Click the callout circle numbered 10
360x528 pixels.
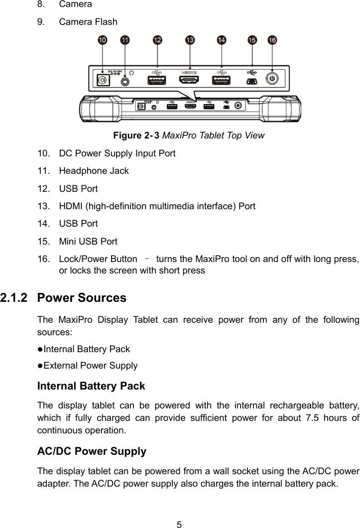click(103, 40)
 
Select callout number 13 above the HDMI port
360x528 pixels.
click(190, 40)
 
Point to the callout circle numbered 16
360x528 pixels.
click(272, 40)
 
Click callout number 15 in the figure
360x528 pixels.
click(252, 40)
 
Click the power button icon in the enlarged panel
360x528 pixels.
click(271, 79)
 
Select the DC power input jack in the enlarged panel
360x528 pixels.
click(103, 80)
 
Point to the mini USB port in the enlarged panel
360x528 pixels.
click(252, 80)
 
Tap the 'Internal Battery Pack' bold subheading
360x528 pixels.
click(92, 386)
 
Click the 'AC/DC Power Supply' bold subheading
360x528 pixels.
click(92, 452)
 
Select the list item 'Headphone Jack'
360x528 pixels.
click(94, 171)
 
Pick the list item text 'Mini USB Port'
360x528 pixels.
click(88, 242)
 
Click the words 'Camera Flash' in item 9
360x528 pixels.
click(88, 22)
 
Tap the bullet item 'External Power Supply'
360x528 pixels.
click(90, 366)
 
